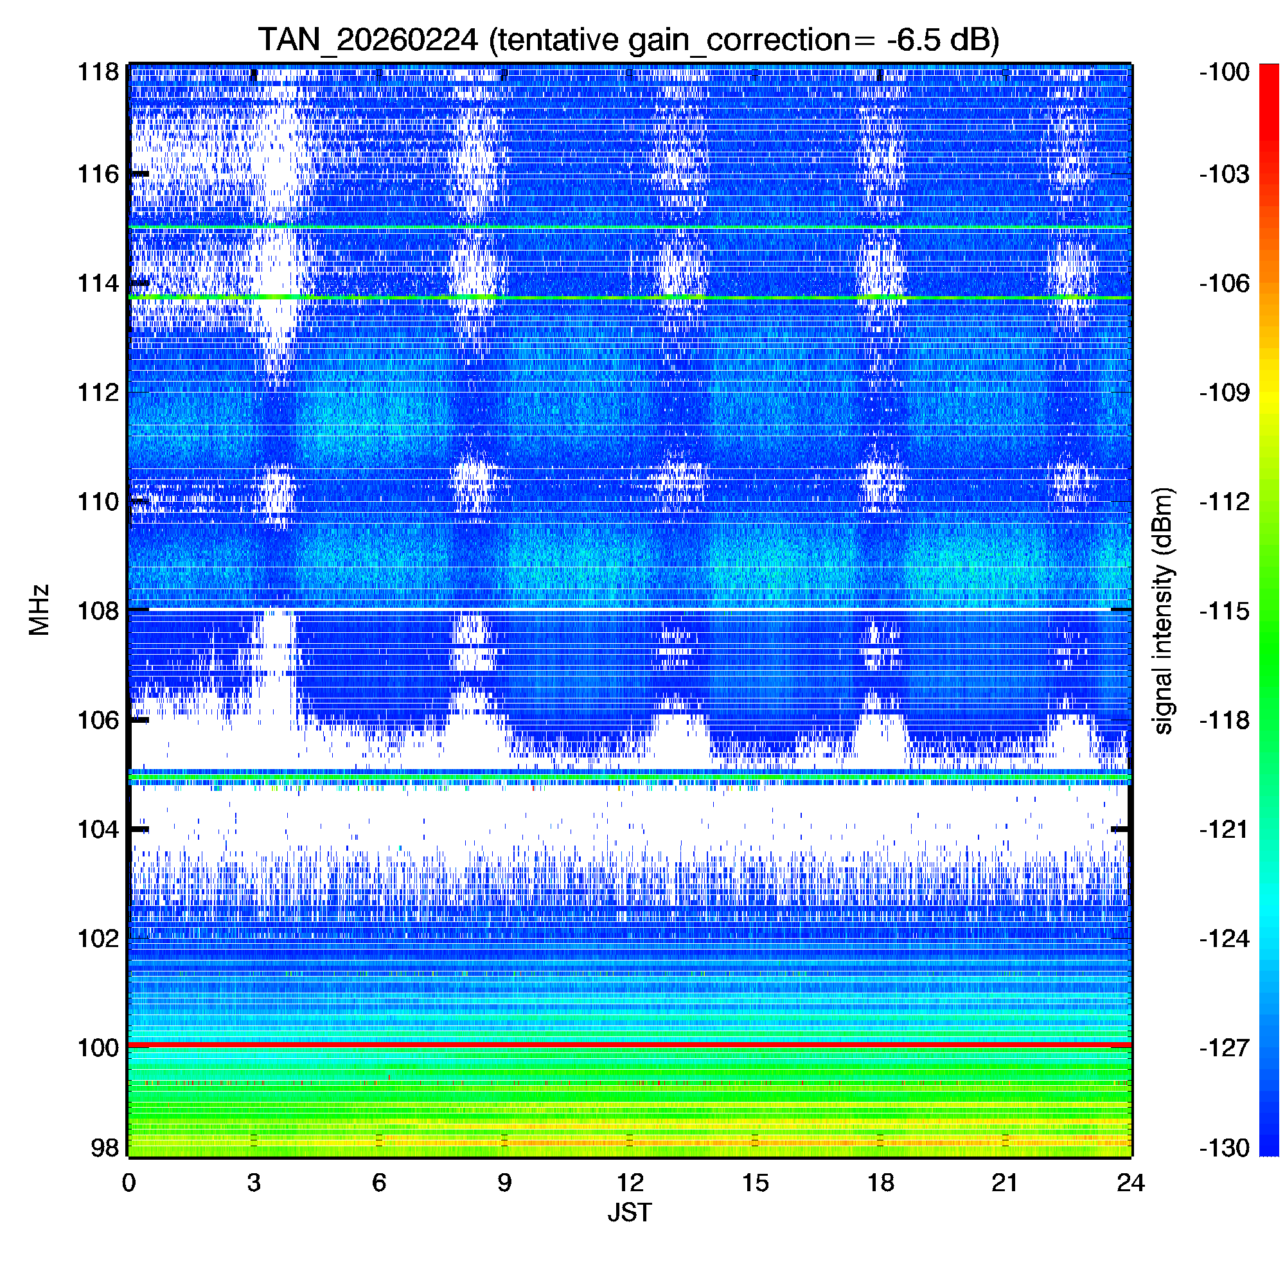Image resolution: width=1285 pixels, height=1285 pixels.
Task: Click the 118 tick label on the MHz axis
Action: pos(98,72)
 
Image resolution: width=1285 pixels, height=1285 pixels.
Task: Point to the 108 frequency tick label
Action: pos(98,610)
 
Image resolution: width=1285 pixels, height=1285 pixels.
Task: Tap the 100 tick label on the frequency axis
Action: pos(98,1048)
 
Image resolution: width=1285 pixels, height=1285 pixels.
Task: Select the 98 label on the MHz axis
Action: pos(105,1148)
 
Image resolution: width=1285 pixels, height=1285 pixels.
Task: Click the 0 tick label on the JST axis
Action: pos(129,1183)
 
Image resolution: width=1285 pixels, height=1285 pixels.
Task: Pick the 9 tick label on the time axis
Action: pos(504,1183)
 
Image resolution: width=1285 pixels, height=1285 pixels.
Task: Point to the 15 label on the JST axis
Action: pos(755,1183)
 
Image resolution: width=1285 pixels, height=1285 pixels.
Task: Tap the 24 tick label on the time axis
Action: pos(1130,1183)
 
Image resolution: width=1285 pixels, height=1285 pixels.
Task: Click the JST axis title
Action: pos(629,1212)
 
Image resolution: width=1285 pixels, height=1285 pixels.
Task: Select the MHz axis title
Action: pos(39,610)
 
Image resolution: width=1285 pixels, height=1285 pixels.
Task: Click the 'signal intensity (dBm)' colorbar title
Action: pos(1164,610)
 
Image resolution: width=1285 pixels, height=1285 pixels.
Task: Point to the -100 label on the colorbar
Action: pos(1224,72)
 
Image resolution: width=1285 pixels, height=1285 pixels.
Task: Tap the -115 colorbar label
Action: pos(1224,610)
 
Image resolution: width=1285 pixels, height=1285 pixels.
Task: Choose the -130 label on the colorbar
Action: pos(1224,1148)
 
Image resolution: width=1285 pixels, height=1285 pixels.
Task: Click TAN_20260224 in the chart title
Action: pos(368,40)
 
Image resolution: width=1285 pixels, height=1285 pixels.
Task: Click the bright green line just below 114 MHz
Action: pos(629,297)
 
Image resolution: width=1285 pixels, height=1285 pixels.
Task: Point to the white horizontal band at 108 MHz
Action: pos(629,609)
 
